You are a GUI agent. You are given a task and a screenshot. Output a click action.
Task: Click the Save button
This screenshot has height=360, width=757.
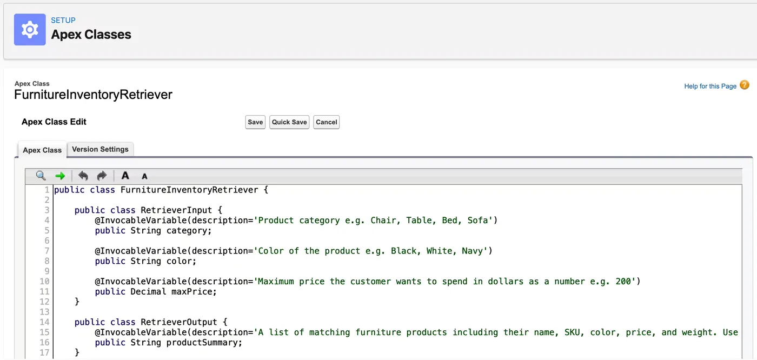[255, 122]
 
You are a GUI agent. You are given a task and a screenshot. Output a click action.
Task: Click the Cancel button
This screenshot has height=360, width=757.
[326, 122]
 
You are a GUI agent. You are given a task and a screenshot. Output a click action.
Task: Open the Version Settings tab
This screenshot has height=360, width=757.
[100, 149]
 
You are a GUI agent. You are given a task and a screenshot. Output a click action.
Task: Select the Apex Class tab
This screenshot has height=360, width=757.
[42, 150]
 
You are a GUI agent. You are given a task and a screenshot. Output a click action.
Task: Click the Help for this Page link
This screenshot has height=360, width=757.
[710, 86]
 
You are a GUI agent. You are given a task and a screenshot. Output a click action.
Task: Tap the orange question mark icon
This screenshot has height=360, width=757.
[744, 85]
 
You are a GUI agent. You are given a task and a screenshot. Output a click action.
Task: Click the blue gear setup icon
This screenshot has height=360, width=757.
[30, 29]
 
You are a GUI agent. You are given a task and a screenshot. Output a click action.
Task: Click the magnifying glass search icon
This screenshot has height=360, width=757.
[41, 176]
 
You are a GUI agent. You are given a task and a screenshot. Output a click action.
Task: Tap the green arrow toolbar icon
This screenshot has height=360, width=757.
[60, 176]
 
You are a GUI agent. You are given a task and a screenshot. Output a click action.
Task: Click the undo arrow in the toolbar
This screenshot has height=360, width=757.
[83, 176]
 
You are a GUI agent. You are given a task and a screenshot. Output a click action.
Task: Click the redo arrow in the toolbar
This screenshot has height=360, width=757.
[102, 176]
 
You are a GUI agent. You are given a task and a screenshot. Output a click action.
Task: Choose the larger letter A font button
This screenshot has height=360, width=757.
[125, 176]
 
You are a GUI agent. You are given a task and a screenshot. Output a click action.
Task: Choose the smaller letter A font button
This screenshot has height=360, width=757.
[144, 176]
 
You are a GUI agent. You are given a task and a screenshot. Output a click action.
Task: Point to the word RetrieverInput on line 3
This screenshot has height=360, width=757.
[176, 210]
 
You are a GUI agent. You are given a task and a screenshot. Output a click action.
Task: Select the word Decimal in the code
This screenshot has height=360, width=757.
[148, 291]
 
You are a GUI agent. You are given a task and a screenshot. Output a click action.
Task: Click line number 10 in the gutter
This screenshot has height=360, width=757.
[44, 281]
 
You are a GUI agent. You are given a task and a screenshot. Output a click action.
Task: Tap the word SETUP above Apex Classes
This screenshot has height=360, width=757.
[63, 20]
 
